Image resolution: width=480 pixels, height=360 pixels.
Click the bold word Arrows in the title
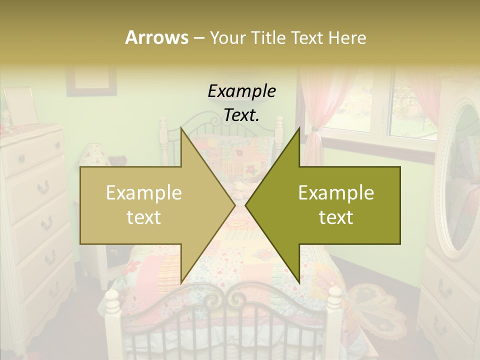tap(156, 37)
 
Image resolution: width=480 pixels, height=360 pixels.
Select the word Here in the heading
tap(347, 37)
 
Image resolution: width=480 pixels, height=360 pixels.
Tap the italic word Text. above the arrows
tap(241, 115)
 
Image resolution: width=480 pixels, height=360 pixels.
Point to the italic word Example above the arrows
tap(241, 91)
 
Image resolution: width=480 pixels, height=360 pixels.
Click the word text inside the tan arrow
tap(143, 217)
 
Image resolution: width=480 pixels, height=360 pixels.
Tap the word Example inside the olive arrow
tap(336, 192)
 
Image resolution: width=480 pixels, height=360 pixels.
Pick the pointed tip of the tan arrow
tap(234, 205)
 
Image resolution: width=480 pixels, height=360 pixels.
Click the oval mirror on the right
tap(459, 175)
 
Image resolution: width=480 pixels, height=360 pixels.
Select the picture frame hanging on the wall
tap(91, 80)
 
